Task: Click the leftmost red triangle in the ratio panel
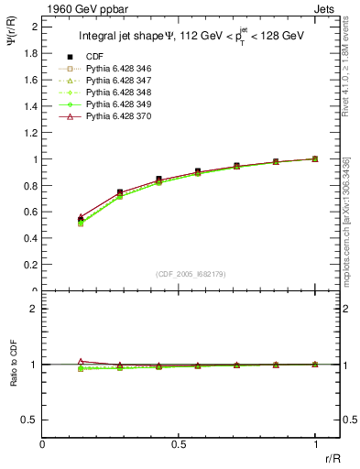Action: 82,361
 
